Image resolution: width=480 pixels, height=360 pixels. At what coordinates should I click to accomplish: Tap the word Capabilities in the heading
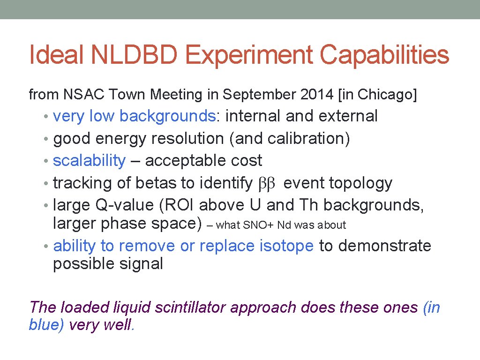coord(384,55)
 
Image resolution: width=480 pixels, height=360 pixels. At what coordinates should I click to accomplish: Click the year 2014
coord(315,95)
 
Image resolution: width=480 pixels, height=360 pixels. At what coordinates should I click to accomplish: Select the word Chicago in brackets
coord(384,95)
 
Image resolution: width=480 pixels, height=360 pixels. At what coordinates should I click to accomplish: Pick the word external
coord(349,116)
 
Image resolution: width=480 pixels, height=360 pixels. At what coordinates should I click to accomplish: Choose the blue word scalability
coord(89,161)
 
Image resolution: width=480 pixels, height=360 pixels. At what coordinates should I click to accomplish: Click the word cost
coord(246,161)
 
